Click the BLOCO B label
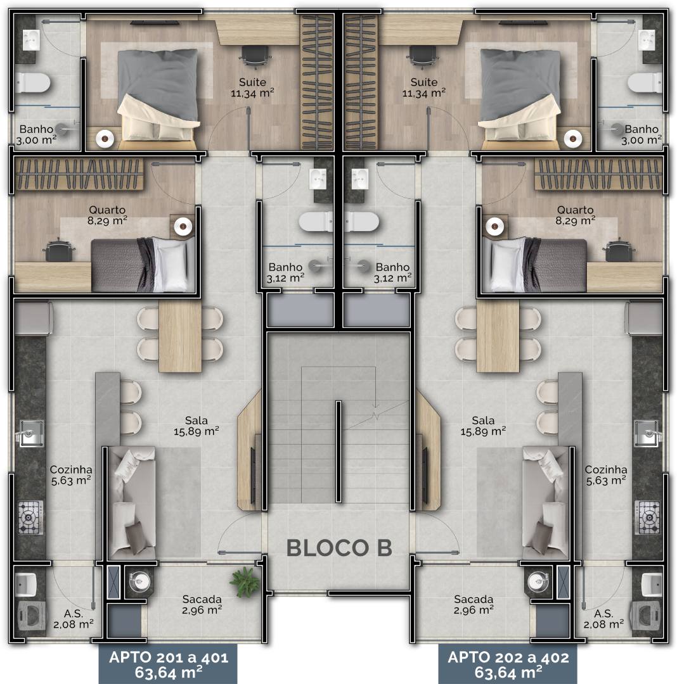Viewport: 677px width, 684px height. (339, 548)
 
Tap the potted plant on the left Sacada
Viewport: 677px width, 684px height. (245, 581)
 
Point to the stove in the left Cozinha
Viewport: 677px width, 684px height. (30, 517)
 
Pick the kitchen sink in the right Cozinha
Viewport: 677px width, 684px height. (646, 433)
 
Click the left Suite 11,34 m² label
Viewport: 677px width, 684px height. (252, 87)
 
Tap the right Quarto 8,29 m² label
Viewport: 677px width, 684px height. (576, 215)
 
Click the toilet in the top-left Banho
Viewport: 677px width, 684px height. (33, 83)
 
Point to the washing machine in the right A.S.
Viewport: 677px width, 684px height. (647, 616)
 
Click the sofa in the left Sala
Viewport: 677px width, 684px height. (131, 502)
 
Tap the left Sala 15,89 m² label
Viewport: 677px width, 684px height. (197, 426)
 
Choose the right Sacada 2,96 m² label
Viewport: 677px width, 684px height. (474, 605)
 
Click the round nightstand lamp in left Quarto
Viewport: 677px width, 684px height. (183, 226)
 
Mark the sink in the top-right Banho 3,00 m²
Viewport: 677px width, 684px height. (647, 40)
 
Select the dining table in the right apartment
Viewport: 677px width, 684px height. (498, 336)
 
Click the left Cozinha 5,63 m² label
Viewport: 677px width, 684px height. (71, 475)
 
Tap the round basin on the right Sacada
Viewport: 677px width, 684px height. (538, 581)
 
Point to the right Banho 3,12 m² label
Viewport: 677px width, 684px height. (392, 272)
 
